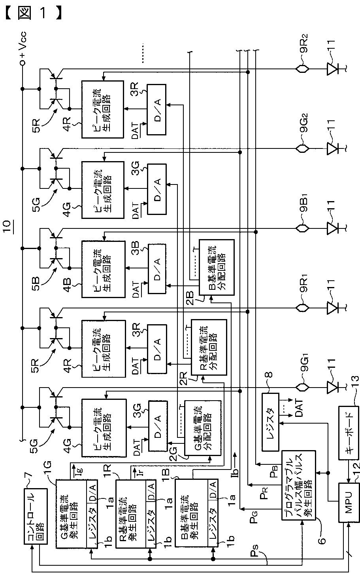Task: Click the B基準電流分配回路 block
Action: (x=217, y=268)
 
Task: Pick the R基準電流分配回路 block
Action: (x=209, y=347)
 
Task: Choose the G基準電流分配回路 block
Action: (x=203, y=428)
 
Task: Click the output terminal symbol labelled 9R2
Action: (x=302, y=69)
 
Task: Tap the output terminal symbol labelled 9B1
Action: (x=302, y=228)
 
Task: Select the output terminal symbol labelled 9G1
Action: (x=302, y=387)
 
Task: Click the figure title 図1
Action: (x=33, y=13)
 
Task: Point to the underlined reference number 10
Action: (x=8, y=227)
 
